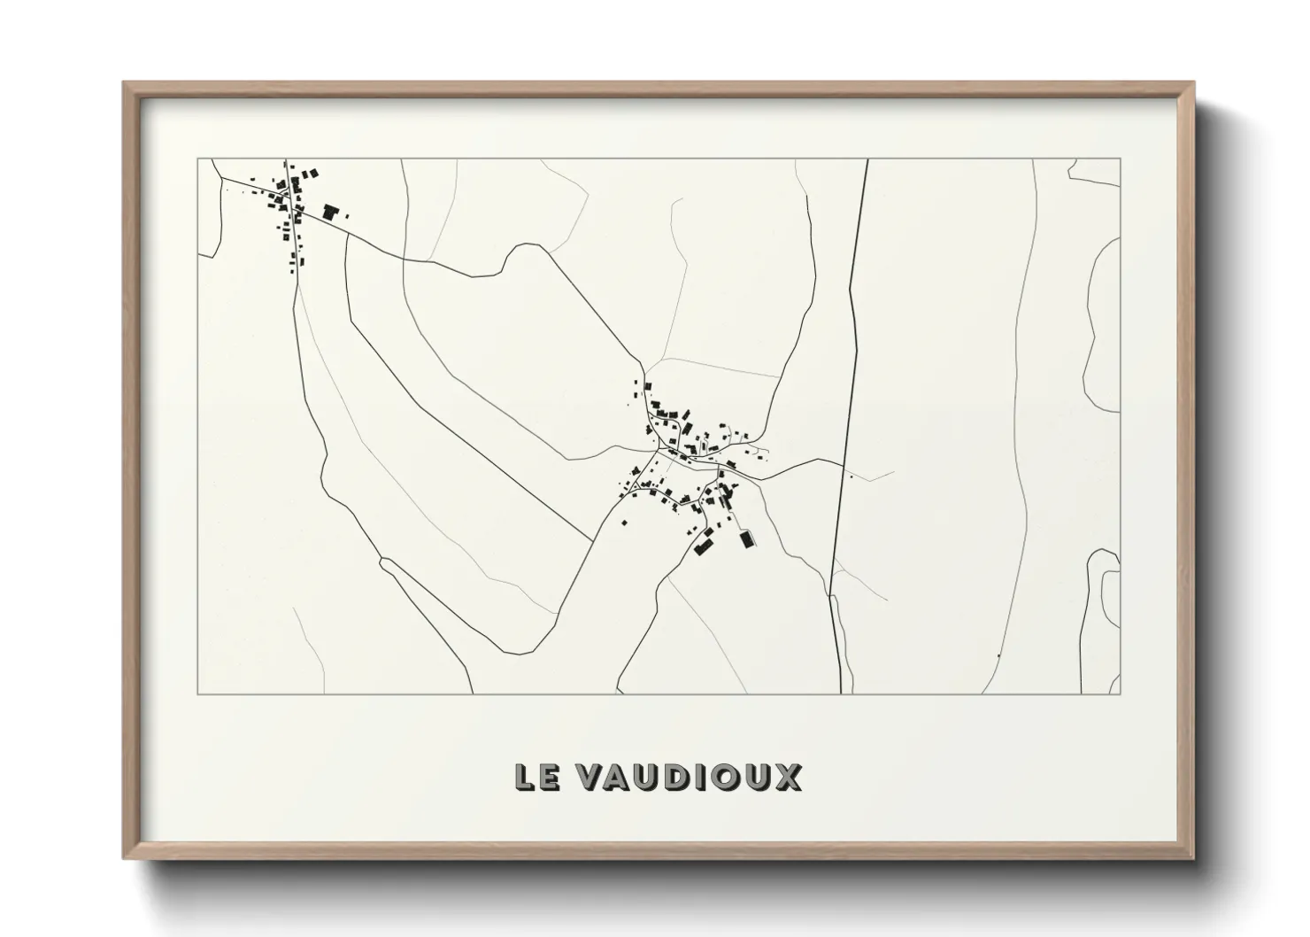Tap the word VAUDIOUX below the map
coord(689,777)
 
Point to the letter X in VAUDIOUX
coord(788,777)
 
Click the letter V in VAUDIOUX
coord(590,777)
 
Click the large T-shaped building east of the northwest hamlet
coord(331,212)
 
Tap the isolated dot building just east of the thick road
coord(851,477)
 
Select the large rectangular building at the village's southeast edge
coord(747,538)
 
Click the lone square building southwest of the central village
coord(624,523)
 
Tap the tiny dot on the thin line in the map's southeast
coord(998,655)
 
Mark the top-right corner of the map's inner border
coord(1120,159)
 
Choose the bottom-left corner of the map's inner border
coord(197,693)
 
